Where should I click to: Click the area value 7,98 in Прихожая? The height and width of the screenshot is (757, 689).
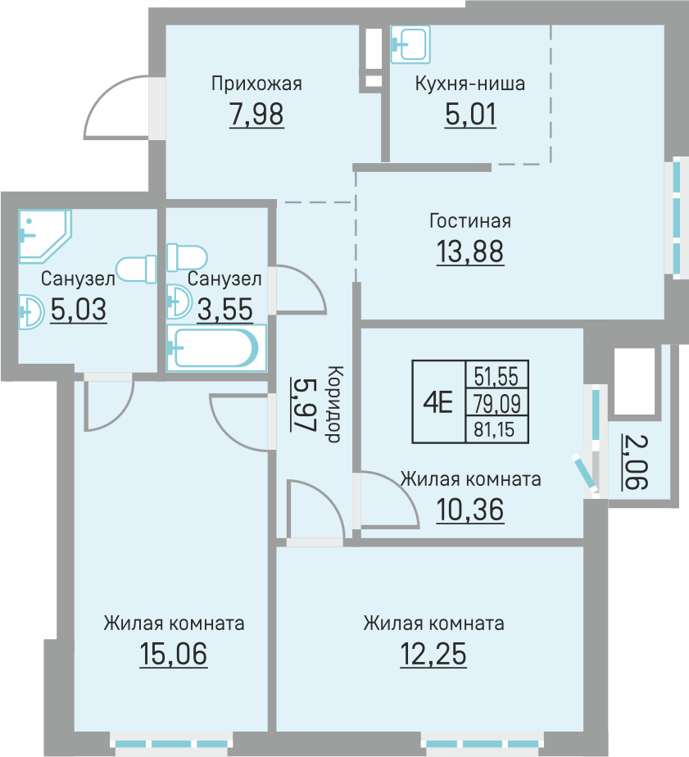tap(256, 115)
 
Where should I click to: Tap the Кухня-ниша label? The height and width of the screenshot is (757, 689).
tap(469, 84)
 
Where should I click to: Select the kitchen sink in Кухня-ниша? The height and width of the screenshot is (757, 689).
tap(410, 44)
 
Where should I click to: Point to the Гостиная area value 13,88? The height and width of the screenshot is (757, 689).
tap(469, 252)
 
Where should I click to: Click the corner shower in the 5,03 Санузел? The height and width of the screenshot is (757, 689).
tap(44, 236)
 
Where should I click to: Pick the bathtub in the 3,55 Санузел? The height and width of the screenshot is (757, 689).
tap(215, 347)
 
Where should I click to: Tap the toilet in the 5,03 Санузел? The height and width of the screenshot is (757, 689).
tap(136, 269)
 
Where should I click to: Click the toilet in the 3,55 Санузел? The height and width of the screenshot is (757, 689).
tap(187, 258)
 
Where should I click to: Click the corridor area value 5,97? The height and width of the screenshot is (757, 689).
tap(303, 405)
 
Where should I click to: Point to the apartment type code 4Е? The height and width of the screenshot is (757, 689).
tap(438, 402)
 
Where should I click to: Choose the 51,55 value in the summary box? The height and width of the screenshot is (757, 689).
tap(496, 376)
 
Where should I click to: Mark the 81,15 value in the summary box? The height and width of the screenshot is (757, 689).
tap(494, 428)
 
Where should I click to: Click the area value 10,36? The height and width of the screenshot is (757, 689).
tap(469, 510)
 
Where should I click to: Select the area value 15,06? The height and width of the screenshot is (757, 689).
tap(174, 654)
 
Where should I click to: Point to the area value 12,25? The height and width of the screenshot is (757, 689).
tap(433, 654)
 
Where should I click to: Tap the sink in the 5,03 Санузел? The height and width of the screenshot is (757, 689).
tap(31, 312)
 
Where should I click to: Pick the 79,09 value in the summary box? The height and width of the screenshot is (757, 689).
tap(496, 403)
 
